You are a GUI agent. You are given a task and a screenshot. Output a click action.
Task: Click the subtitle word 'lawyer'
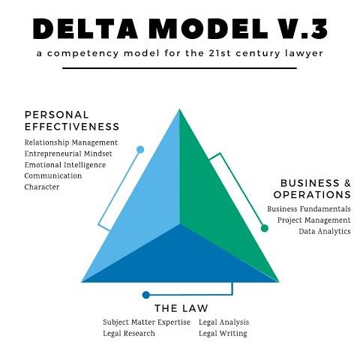(306, 55)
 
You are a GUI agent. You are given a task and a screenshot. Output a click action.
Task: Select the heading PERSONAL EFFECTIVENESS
(72, 120)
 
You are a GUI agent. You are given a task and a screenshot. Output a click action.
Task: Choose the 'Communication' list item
(53, 175)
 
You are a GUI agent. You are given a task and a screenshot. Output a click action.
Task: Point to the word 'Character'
(42, 187)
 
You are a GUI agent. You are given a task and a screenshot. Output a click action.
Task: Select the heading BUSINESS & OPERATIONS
(315, 189)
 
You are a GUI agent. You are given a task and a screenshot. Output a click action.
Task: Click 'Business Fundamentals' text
(308, 208)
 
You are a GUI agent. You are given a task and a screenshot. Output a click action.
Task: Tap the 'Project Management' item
(313, 220)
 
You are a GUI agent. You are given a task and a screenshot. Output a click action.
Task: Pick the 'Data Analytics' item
(325, 231)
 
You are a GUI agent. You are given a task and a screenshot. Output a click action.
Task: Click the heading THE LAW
(181, 308)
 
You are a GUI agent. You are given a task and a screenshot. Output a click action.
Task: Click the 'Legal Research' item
(129, 333)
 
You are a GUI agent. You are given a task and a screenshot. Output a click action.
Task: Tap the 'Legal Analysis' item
(224, 322)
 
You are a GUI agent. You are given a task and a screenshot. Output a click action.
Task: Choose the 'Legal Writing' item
(223, 333)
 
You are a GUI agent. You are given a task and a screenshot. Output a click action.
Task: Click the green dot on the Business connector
(265, 227)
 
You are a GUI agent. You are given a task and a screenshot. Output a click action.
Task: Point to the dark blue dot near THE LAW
(146, 295)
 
